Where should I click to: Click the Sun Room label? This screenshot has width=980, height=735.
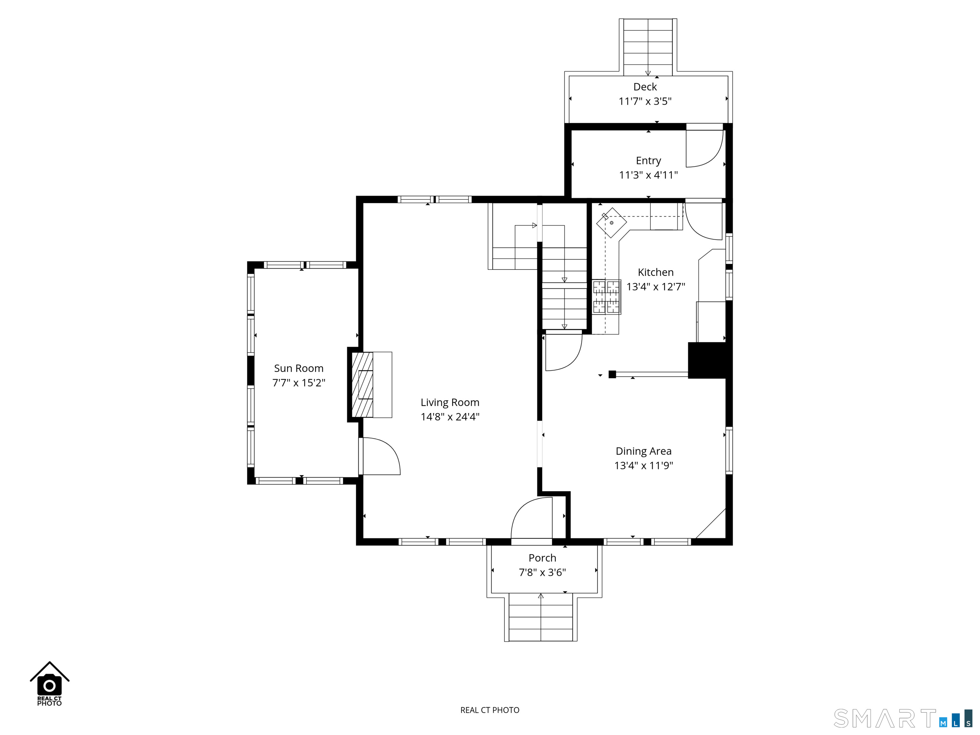pyautogui.click(x=299, y=368)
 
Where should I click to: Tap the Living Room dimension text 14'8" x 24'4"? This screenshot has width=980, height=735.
pyautogui.click(x=450, y=416)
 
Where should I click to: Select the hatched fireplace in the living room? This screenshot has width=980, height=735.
pyautogui.click(x=362, y=384)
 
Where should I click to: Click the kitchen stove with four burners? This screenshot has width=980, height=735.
pyautogui.click(x=606, y=297)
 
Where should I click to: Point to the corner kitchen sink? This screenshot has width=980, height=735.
pyautogui.click(x=612, y=222)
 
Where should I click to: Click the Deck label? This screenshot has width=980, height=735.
pyautogui.click(x=645, y=87)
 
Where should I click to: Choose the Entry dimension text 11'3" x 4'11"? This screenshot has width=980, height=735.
pyautogui.click(x=648, y=175)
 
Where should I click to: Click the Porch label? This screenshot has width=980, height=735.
pyautogui.click(x=542, y=558)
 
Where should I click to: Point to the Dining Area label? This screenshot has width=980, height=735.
pyautogui.click(x=644, y=451)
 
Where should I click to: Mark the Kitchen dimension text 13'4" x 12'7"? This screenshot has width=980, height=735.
pyautogui.click(x=656, y=287)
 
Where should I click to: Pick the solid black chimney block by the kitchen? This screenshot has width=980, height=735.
pyautogui.click(x=707, y=360)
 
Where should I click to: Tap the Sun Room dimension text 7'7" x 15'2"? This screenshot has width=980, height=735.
pyautogui.click(x=299, y=383)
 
